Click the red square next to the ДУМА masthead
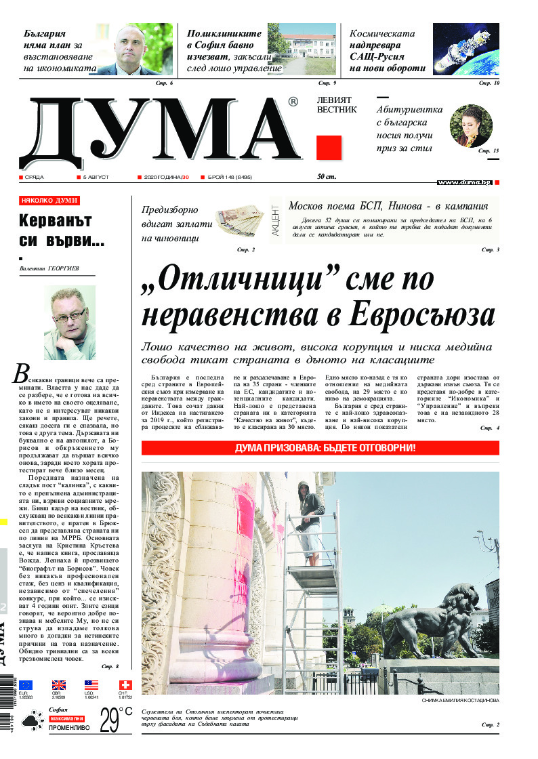[x=329, y=148]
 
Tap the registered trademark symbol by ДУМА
[x=293, y=102]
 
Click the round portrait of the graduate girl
[x=471, y=125]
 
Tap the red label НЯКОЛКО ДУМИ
[x=49, y=201]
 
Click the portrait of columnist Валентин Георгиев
[x=70, y=323]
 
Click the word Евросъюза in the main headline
[x=421, y=314]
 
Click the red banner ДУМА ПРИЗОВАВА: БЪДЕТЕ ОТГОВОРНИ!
[x=320, y=448]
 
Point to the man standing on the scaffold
[x=311, y=519]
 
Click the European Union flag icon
[x=26, y=684]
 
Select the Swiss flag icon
[x=125, y=684]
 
